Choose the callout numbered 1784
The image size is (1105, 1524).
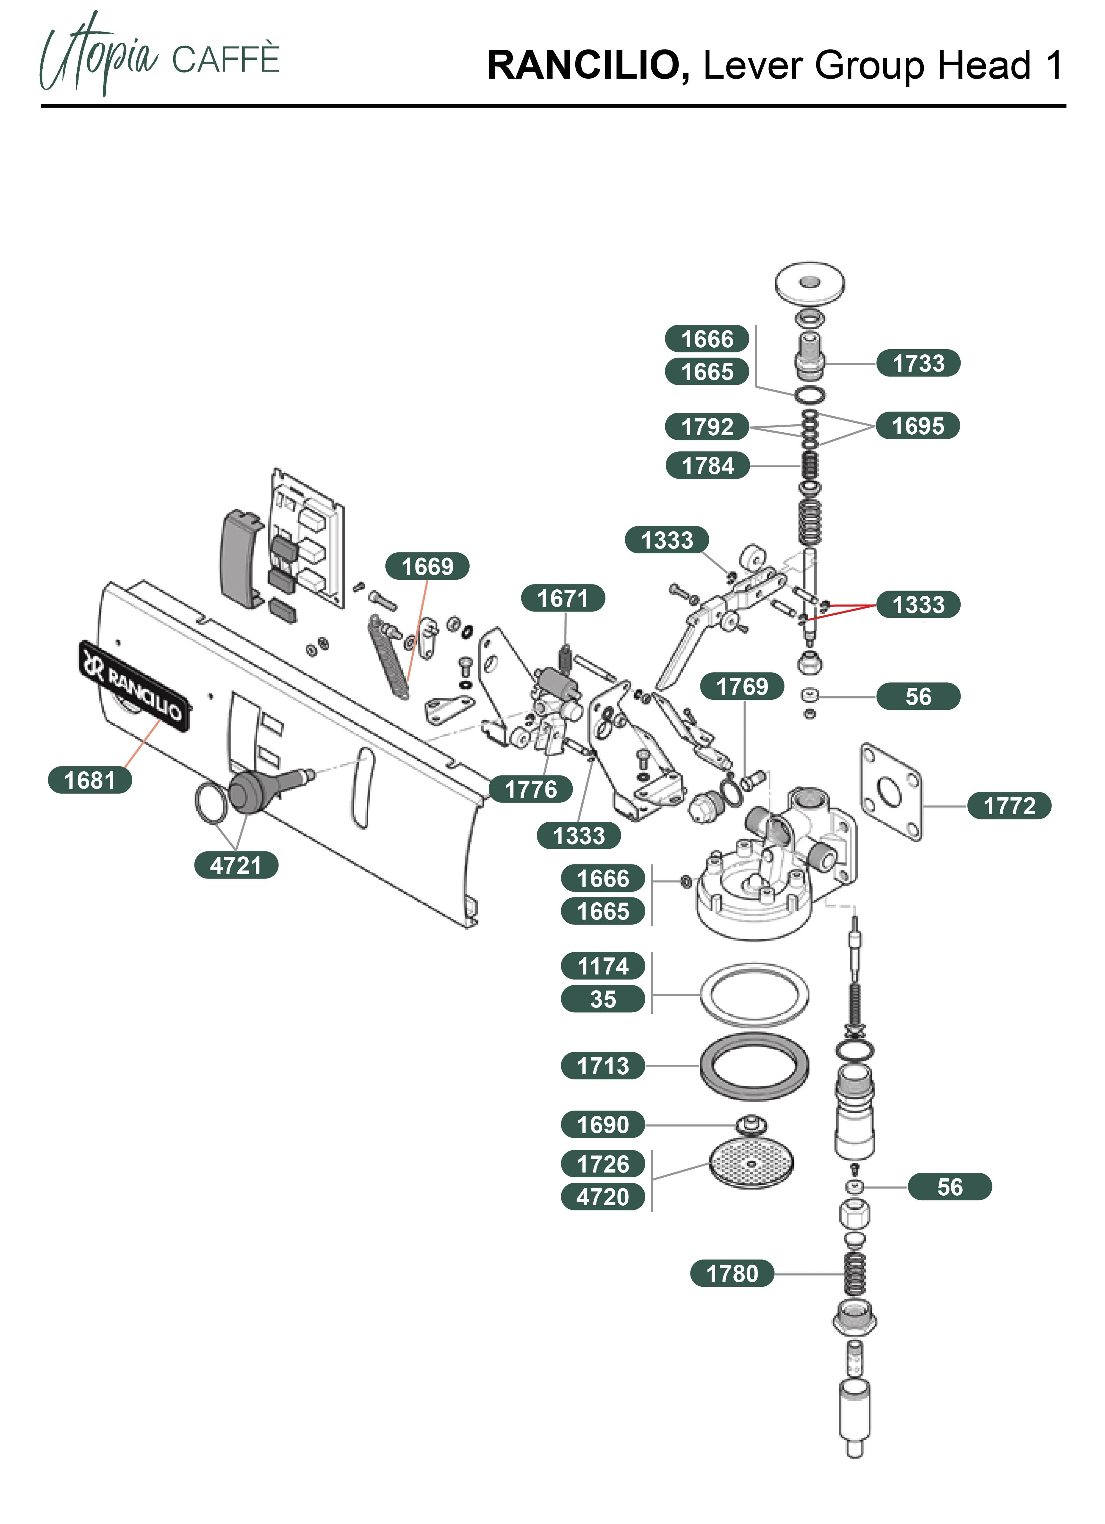coord(707,465)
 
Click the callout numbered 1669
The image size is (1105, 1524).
coord(427,567)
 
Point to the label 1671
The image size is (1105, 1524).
coord(562,598)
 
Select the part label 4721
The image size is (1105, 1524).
coord(236,865)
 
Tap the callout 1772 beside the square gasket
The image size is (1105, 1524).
coord(1009,806)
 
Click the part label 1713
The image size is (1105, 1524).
coord(603,1066)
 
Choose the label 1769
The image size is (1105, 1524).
coord(741,686)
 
